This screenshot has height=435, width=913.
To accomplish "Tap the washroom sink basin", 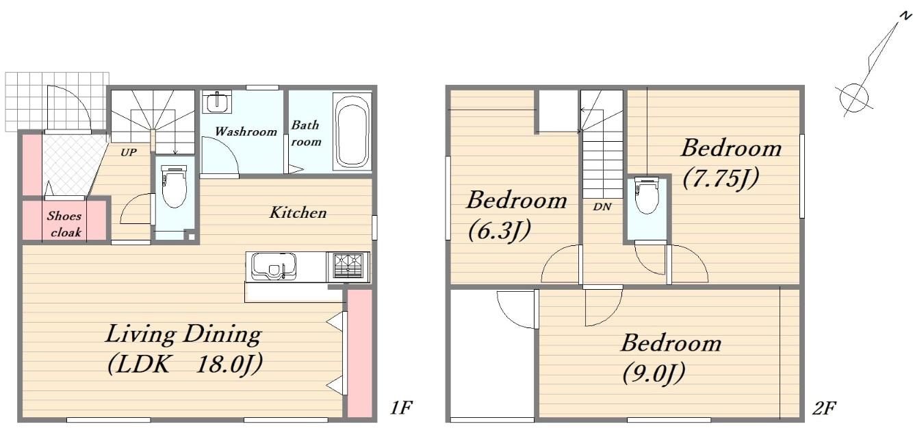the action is pos(217,102).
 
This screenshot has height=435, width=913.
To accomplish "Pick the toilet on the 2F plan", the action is pos(647,195).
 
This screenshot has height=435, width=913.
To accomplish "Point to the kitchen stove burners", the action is pos(348,266).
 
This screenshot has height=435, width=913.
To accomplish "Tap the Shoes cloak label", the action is pos(64,224).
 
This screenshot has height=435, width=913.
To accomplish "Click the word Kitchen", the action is pos(298,212).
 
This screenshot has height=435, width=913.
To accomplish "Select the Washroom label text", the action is pos(246,131).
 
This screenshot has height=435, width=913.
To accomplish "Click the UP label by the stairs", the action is pos(129,152).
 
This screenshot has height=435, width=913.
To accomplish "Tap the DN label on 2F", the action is pos(602,206).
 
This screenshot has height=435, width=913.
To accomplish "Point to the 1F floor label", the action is pos(401,407).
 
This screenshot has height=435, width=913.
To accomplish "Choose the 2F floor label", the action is pos(824,408).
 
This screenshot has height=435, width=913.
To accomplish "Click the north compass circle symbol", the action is pos(854,98).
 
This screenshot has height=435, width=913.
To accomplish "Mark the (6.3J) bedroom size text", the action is pos(500,231).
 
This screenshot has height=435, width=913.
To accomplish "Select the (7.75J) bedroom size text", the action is pos(721,179).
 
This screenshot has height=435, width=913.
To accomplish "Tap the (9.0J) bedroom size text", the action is pos(654,373).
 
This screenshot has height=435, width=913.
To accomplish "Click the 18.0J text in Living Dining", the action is pos(229,364).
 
